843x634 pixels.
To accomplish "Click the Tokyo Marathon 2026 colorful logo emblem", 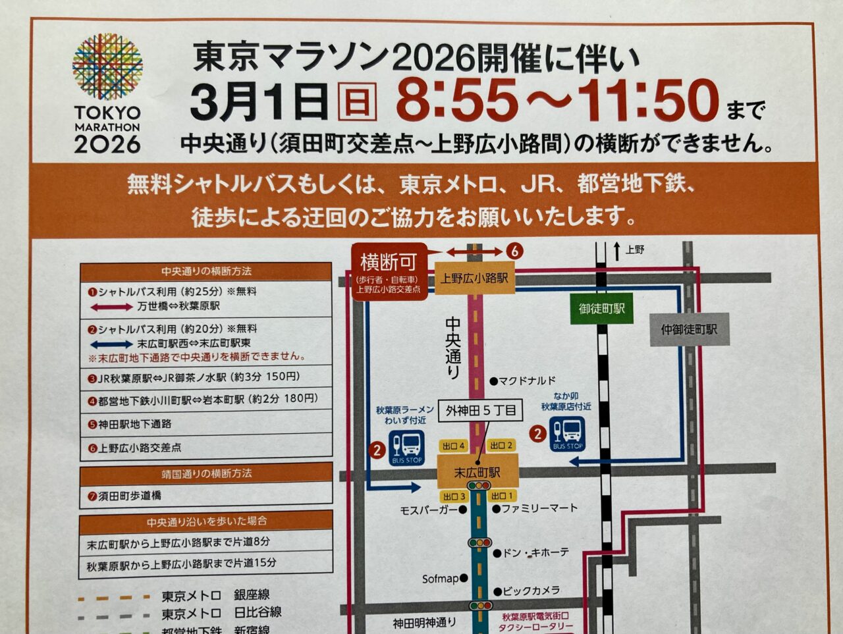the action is (x=107, y=67).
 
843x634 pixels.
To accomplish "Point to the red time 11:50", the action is (x=648, y=100).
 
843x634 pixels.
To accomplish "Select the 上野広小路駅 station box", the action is (x=474, y=278).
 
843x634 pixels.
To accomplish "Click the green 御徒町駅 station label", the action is (x=602, y=309).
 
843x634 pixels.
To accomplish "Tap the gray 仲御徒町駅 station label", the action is (x=689, y=329).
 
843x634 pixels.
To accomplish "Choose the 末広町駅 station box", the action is (x=477, y=472).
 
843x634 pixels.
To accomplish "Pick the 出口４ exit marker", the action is (x=454, y=446).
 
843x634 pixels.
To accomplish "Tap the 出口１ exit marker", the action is (x=503, y=496).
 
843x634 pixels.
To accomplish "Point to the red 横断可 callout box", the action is (x=389, y=271).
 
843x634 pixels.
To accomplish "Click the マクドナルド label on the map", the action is (x=527, y=381).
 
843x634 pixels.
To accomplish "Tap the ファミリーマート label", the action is (x=539, y=508).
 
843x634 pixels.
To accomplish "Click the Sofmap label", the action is (x=440, y=579).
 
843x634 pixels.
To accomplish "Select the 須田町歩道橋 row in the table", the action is (x=205, y=495).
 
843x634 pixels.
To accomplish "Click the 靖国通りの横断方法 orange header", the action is (x=205, y=473).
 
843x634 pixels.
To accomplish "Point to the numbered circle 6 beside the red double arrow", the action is (x=514, y=251).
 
